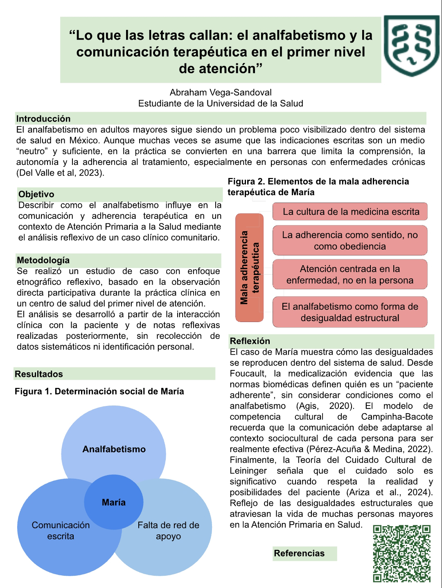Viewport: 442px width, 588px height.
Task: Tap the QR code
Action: point(402,553)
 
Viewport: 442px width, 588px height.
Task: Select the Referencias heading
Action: point(299,554)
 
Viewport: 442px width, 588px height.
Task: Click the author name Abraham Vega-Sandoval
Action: point(221,92)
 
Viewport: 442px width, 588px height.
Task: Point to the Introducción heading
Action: point(43,119)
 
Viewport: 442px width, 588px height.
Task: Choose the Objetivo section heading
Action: point(36,194)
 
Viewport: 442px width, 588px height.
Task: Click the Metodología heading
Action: point(43,260)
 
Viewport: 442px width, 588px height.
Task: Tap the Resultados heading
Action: point(39,374)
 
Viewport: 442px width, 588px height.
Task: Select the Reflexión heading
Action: point(250,341)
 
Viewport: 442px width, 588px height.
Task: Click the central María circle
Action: point(114,502)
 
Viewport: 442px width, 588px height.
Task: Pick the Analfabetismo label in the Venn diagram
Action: point(114,449)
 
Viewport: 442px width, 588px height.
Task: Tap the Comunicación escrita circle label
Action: point(61,530)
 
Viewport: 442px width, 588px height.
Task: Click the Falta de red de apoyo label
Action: point(168,530)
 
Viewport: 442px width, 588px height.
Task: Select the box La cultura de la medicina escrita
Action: point(351,212)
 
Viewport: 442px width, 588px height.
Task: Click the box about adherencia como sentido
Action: point(350,241)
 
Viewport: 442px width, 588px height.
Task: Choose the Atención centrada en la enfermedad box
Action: point(350,275)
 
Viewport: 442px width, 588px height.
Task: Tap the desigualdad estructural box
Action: point(350,312)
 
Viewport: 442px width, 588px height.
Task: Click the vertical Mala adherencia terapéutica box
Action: point(250,268)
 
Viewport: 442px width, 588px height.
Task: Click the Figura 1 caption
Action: point(99,392)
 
